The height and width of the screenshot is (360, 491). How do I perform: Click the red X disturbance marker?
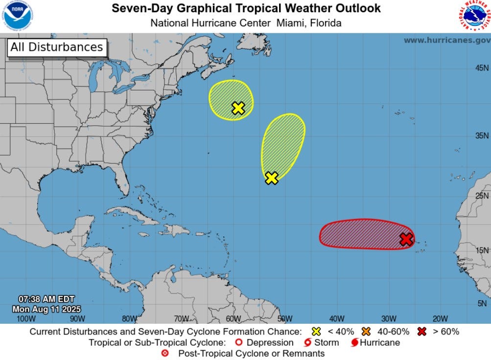[x=406, y=239]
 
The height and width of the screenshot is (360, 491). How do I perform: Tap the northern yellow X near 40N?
[x=238, y=108]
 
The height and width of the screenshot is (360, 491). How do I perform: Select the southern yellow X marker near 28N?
[x=272, y=178]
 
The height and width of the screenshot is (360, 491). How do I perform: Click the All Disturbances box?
[x=56, y=47]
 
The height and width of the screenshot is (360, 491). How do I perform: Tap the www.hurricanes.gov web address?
[x=446, y=40]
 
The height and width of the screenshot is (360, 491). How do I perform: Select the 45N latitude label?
[x=482, y=68]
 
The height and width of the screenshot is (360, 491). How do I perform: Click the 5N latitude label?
[x=482, y=303]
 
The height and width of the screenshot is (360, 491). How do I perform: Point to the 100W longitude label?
[x=26, y=319]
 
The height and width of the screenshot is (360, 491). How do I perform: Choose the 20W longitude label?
[x=440, y=319]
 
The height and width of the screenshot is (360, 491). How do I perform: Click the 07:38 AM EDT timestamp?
[x=47, y=299]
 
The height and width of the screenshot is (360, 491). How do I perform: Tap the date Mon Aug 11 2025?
[x=47, y=309]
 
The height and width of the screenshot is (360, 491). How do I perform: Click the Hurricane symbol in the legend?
[x=355, y=342]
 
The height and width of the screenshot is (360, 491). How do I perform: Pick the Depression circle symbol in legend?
[x=239, y=342]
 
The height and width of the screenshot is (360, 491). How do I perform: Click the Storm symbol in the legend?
[x=308, y=342]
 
